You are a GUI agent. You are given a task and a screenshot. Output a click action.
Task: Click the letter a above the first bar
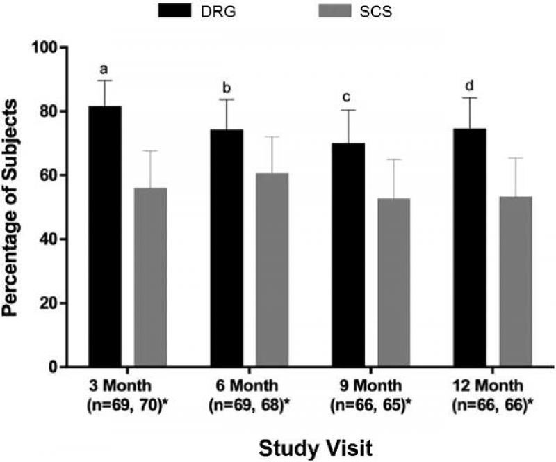(104, 70)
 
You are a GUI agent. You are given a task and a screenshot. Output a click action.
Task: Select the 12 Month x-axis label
(490, 386)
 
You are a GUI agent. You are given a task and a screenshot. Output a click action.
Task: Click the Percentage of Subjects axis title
(15, 207)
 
